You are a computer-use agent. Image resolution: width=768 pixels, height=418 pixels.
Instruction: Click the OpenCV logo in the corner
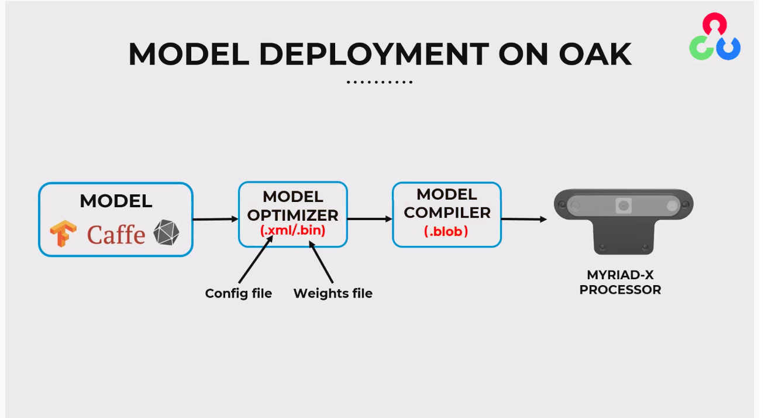tap(714, 37)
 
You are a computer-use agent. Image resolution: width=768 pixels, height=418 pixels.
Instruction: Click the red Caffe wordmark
tap(116, 235)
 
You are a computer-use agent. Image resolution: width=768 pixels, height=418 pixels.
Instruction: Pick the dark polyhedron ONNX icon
tap(166, 233)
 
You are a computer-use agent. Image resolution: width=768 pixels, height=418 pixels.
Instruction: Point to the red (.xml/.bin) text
tap(292, 231)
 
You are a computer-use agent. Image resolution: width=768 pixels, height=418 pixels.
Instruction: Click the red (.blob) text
tap(446, 231)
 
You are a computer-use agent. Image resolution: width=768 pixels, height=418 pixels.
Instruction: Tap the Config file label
tap(239, 293)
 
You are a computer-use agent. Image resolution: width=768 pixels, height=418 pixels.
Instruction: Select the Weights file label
tap(333, 293)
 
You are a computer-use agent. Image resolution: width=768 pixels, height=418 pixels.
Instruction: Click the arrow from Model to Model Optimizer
tap(215, 220)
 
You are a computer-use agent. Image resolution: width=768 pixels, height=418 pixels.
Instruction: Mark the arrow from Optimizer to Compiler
tap(370, 219)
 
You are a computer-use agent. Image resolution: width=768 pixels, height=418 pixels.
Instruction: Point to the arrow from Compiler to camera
tap(524, 219)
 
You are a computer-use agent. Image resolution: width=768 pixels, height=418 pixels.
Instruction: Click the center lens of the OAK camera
tap(624, 205)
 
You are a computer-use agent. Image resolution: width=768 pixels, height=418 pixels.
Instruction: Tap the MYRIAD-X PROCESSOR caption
tap(620, 282)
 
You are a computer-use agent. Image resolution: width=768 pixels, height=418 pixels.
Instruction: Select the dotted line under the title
tap(380, 82)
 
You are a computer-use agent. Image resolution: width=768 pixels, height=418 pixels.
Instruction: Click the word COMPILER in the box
tap(447, 213)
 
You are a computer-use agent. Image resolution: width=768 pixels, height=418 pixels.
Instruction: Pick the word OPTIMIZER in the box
tap(292, 215)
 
